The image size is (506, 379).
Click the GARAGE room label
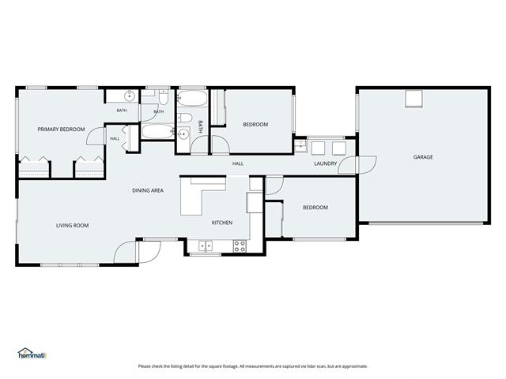[423, 157]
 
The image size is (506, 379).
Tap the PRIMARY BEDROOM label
[61, 129]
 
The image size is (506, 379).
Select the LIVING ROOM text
[72, 225]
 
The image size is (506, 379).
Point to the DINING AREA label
[148, 190]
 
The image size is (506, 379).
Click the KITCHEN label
[222, 223]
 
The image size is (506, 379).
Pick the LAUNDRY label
[325, 163]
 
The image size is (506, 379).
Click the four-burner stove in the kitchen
[240, 246]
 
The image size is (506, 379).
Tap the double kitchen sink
[206, 246]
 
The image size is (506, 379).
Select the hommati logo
[32, 354]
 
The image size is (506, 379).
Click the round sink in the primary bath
[130, 96]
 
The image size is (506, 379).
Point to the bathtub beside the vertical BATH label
[192, 98]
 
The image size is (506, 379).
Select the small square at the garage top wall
[413, 98]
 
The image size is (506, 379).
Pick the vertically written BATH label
[200, 127]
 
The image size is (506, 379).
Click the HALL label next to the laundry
[238, 163]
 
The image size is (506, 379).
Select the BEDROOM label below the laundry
[315, 208]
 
